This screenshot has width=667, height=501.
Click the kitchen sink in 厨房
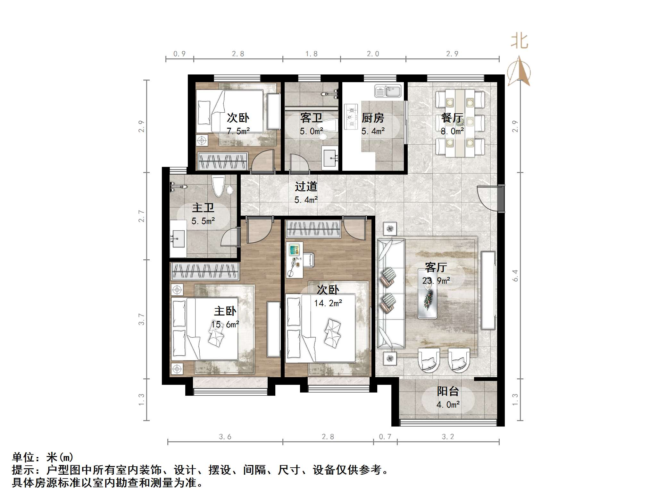click(x=388, y=91)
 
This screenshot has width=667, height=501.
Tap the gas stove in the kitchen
click(x=351, y=117)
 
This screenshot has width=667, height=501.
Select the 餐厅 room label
click(x=452, y=118)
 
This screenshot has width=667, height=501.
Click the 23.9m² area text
click(x=436, y=281)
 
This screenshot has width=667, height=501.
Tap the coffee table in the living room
click(x=427, y=294)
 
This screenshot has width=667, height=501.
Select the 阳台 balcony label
click(x=448, y=391)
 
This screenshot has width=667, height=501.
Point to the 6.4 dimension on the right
click(x=515, y=275)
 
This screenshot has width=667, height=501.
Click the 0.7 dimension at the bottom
click(x=385, y=436)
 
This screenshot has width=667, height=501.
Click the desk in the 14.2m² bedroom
click(x=294, y=260)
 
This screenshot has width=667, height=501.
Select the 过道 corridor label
click(x=306, y=186)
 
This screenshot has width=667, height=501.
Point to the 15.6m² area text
click(x=225, y=324)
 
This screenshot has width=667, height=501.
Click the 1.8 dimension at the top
click(x=311, y=54)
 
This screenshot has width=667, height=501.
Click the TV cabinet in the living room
click(x=488, y=290)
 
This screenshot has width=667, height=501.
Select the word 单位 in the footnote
click(x=23, y=457)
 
